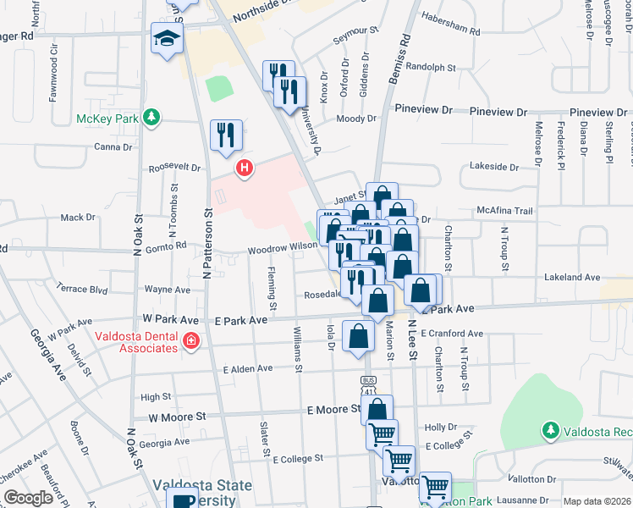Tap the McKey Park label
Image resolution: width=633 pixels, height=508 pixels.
107,119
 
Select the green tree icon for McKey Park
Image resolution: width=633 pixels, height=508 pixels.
151,117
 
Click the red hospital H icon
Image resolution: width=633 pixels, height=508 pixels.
245,168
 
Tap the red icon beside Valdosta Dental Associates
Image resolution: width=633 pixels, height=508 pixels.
191,341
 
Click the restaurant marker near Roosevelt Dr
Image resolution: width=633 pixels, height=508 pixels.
226,135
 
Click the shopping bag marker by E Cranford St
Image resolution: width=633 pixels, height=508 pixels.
359,335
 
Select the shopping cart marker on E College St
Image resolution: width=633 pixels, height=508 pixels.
399,461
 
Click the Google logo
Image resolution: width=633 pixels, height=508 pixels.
28,498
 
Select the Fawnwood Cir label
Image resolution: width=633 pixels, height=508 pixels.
52,74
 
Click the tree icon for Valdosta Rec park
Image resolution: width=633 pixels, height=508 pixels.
551,431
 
